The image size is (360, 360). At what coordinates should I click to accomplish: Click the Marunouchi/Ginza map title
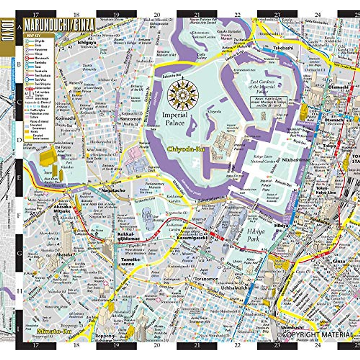pyautogui.click(x=59, y=25)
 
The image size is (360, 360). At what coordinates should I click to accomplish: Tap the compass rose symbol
pyautogui.click(x=183, y=93)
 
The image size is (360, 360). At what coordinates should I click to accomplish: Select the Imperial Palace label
pyautogui.click(x=175, y=119)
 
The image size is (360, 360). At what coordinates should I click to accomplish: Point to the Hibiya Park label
pyautogui.click(x=256, y=235)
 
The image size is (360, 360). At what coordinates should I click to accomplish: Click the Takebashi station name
pyautogui.click(x=283, y=48)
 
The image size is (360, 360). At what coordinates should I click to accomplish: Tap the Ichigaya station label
pyautogui.click(x=87, y=43)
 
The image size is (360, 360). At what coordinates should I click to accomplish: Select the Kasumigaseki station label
pyautogui.click(x=187, y=238)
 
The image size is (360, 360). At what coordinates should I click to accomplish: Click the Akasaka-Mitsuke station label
pyautogui.click(x=62, y=209)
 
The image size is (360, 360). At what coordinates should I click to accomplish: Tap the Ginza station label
pyautogui.click(x=339, y=261)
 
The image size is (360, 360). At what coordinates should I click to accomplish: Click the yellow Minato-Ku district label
pyautogui.click(x=47, y=331)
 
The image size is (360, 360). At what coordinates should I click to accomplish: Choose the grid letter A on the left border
pyautogui.click(x=19, y=27)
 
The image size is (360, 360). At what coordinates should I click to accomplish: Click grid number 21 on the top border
pyautogui.click(x=197, y=14)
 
